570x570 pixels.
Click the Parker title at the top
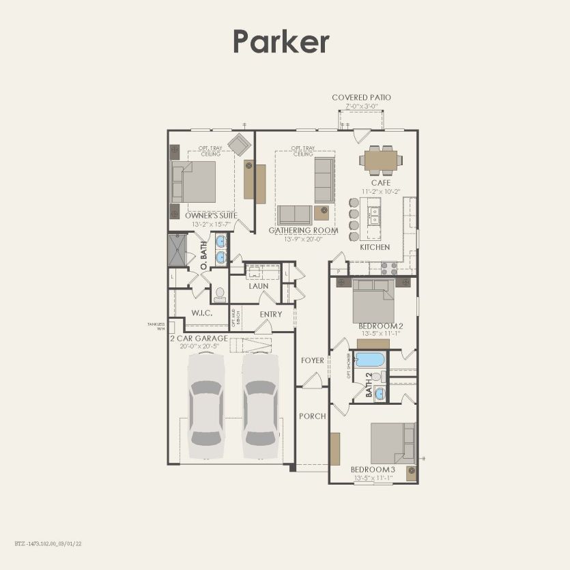tap(281, 42)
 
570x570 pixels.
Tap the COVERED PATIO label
tap(361, 98)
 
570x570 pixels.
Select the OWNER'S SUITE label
tap(211, 215)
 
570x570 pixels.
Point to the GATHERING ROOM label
tap(303, 231)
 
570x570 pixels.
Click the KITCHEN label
tap(375, 247)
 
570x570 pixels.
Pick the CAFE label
tap(380, 183)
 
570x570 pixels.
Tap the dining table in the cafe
tap(380, 160)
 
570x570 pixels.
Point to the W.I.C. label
tap(201, 313)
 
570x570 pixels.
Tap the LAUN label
tap(258, 286)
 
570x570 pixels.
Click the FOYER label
tap(313, 360)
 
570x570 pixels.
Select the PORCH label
tap(312, 416)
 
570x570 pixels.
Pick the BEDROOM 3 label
tap(373, 470)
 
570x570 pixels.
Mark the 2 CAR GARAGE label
tap(197, 338)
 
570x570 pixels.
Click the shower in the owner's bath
tap(177, 251)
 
